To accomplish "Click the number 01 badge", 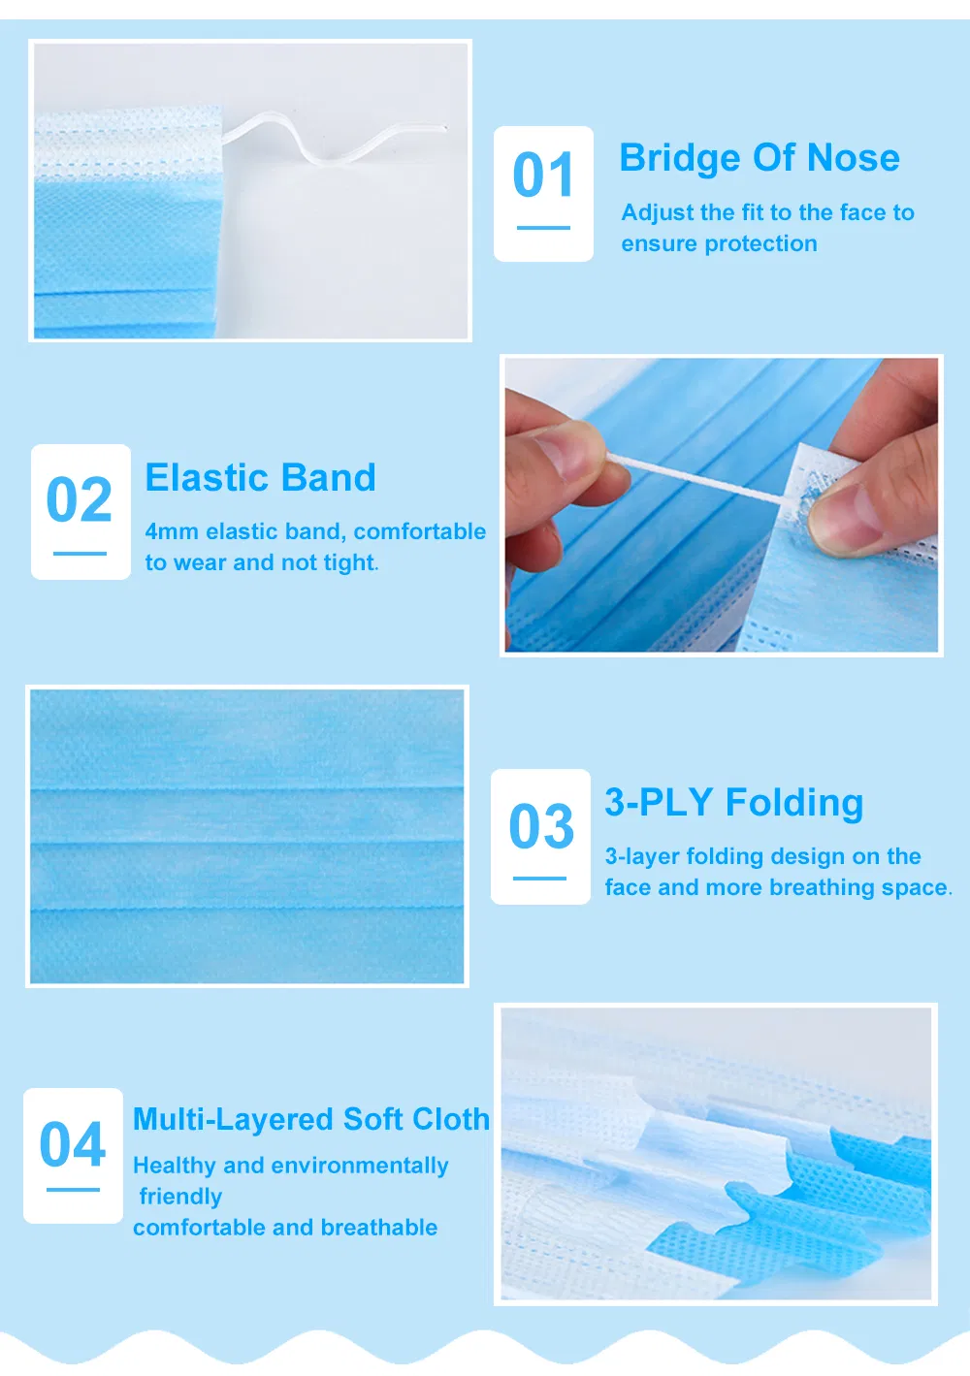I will point(543,193).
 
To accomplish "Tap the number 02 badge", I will point(81,511).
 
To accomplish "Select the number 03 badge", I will point(540,836).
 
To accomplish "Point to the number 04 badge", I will point(73,1154).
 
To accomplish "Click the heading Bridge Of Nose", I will point(760,158).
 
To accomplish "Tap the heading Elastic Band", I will point(260,478).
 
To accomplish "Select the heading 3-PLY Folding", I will point(733,803).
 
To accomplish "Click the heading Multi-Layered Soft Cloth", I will point(310,1119).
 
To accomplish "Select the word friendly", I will point(180,1197).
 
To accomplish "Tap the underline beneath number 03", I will point(539,879).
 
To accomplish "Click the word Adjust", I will point(657,212).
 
